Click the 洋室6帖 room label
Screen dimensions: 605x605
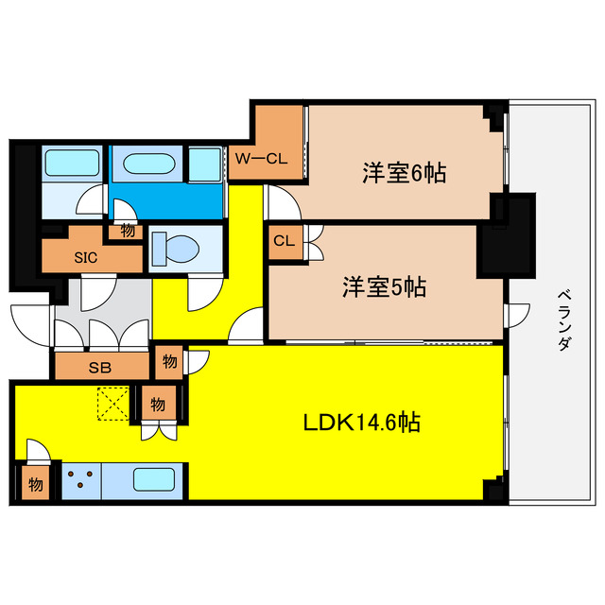click(404, 172)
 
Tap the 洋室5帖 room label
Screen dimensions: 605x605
click(385, 287)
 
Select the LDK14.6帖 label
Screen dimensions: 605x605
click(361, 423)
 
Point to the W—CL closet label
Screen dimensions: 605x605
click(261, 158)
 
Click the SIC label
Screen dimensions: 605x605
click(86, 257)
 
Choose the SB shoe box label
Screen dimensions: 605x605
click(100, 368)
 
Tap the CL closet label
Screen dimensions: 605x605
click(284, 241)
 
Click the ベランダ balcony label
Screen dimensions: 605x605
click(563, 320)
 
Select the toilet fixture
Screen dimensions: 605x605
click(176, 248)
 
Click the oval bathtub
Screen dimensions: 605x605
click(149, 164)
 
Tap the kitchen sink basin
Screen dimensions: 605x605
click(153, 479)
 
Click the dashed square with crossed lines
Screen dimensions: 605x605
click(113, 404)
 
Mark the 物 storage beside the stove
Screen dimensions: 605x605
click(36, 483)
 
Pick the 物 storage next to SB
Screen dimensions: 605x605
click(169, 362)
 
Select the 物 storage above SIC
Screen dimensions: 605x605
click(126, 232)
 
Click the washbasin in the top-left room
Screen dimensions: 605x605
click(72, 163)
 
